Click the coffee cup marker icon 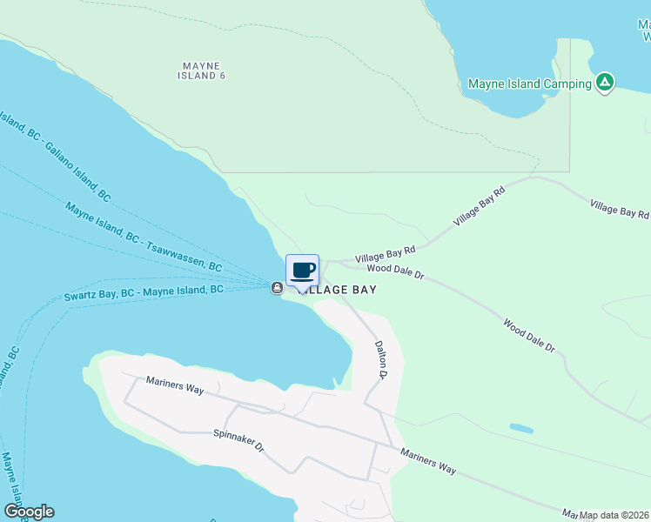(302, 270)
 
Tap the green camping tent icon (605, 84)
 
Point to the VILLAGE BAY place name (338, 290)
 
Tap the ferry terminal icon (277, 288)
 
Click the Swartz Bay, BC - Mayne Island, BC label (144, 293)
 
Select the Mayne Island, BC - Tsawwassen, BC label (144, 238)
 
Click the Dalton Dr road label (380, 358)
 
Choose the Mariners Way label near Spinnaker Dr (175, 385)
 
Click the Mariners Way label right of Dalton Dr (428, 461)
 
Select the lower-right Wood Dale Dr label (528, 335)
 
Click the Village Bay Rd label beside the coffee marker (386, 253)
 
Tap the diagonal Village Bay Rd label (479, 206)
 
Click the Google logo (29, 512)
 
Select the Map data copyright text (614, 515)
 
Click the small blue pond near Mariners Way (521, 428)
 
